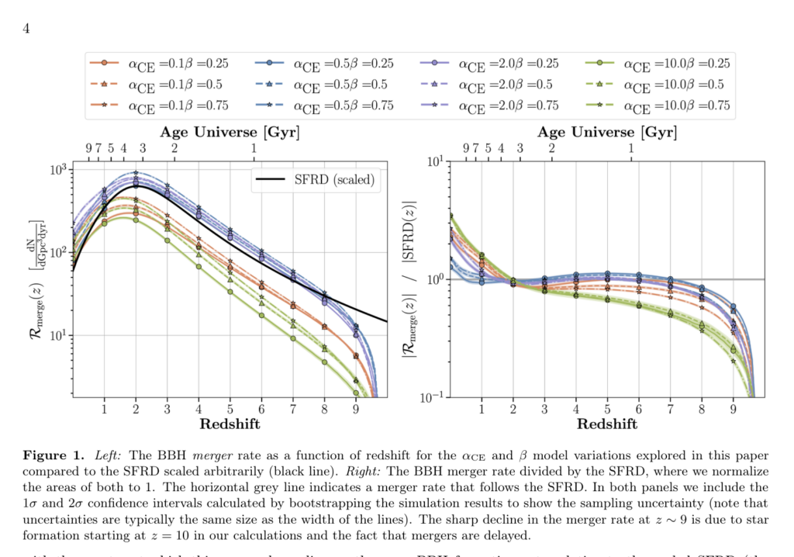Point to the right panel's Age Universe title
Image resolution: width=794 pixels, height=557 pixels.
pos(607,133)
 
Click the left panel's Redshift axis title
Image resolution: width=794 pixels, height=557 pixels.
pos(230,424)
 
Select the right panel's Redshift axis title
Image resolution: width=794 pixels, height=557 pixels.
pos(608,424)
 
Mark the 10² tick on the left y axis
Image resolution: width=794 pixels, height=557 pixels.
pos(59,253)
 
